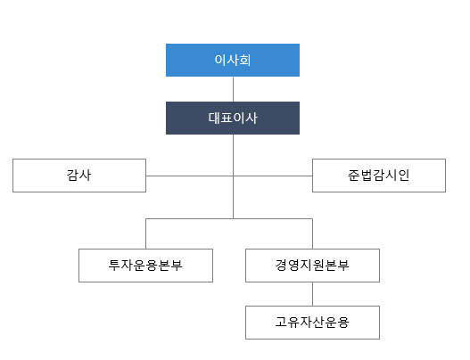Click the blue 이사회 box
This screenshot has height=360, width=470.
click(x=233, y=61)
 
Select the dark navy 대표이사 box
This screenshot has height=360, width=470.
click(x=233, y=118)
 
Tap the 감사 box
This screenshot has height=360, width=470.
click(x=79, y=176)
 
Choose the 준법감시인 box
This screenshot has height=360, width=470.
click(x=379, y=176)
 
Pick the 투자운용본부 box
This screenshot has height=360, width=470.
click(x=145, y=266)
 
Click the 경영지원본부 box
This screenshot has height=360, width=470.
click(x=313, y=266)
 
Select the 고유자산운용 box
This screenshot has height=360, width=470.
click(x=313, y=323)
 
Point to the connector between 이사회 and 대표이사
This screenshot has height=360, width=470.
click(x=233, y=89)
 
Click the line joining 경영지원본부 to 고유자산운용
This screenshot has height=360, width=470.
click(x=313, y=294)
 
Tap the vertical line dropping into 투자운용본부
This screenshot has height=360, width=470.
click(x=146, y=233)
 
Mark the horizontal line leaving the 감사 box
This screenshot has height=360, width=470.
click(x=189, y=176)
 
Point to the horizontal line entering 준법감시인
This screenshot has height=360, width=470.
click(x=273, y=176)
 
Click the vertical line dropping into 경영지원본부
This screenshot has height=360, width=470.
click(x=313, y=233)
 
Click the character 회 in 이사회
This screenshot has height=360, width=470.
click(x=245, y=60)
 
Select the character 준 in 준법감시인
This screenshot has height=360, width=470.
click(x=354, y=176)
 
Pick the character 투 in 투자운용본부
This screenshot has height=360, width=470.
click(x=114, y=265)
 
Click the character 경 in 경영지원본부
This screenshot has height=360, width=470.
click(x=281, y=265)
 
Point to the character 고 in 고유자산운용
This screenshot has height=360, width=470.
click(x=281, y=323)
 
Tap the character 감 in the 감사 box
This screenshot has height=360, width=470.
click(x=72, y=176)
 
